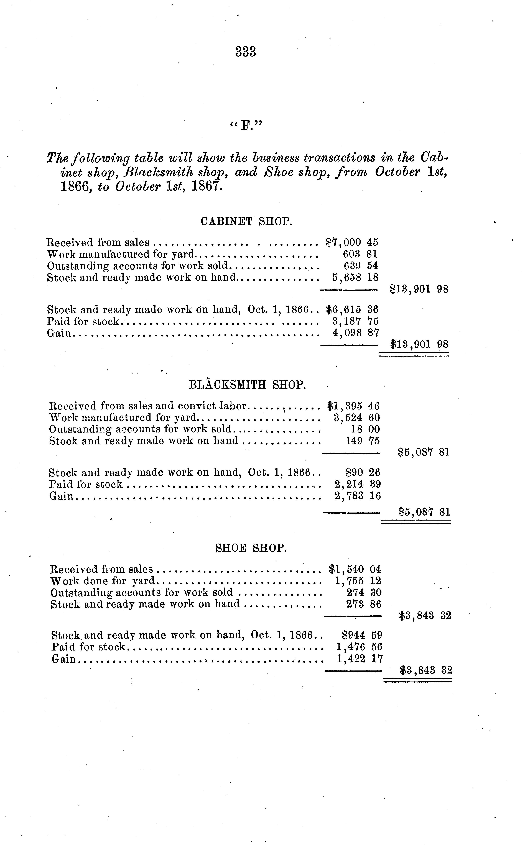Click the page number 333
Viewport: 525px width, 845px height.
(x=246, y=52)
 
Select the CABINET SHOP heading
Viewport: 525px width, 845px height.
(x=246, y=221)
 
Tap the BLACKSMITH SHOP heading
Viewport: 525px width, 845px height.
(x=247, y=385)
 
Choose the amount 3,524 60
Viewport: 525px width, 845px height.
(x=357, y=418)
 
